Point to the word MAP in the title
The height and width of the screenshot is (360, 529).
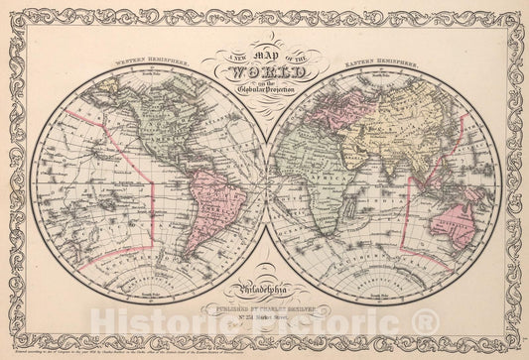coord(265,61)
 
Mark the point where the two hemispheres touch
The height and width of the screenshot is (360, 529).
coord(265,181)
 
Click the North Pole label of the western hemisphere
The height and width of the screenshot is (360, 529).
coord(149,73)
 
